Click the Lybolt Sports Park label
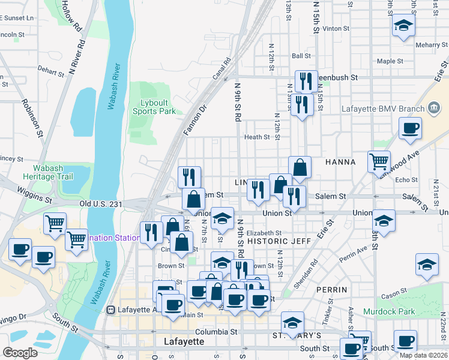pyautogui.click(x=154, y=107)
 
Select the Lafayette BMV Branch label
pyautogui.click(x=383, y=109)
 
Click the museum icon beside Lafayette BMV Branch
pyautogui.click(x=434, y=109)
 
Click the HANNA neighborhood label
pyautogui.click(x=340, y=162)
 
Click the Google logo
pyautogui.click(x=20, y=353)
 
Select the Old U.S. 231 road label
pyautogui.click(x=101, y=205)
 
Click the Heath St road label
pyautogui.click(x=257, y=137)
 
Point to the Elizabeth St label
pyautogui.click(x=264, y=233)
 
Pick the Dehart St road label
pyautogui.click(x=50, y=70)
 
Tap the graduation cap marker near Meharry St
pyautogui.click(x=403, y=26)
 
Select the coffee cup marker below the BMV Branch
pyautogui.click(x=410, y=128)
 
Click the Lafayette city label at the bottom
pyautogui.click(x=184, y=341)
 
